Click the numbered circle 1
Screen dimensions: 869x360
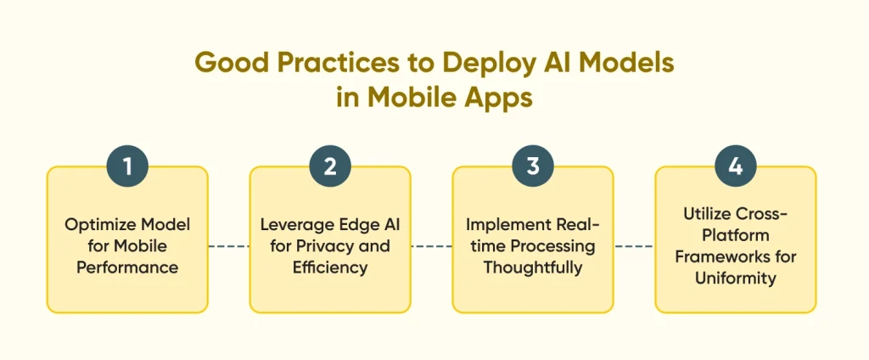click(127, 166)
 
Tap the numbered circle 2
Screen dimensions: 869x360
click(330, 166)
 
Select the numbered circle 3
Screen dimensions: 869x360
click(533, 166)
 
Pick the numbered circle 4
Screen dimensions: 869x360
click(736, 166)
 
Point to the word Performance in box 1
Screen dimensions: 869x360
click(127, 267)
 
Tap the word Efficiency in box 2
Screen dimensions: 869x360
click(330, 268)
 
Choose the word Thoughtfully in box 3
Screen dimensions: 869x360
click(533, 268)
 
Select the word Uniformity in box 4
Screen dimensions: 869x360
click(736, 278)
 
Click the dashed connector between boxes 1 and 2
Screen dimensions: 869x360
click(228, 246)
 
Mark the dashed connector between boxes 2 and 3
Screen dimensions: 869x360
click(431, 246)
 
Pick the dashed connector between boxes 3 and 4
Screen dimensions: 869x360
click(634, 246)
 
